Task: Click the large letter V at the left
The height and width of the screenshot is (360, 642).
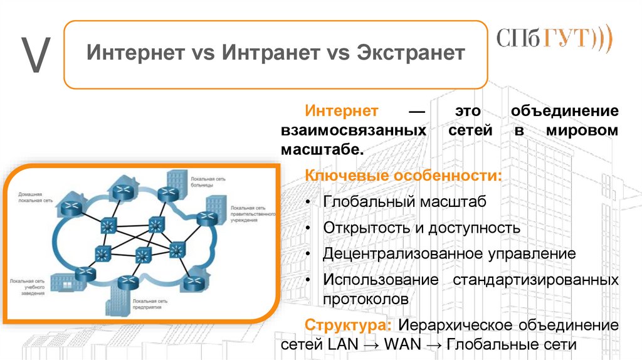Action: [x=34, y=55]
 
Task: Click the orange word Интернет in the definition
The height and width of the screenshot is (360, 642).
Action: [x=342, y=112]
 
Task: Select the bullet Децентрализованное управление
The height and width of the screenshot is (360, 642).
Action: [x=449, y=253]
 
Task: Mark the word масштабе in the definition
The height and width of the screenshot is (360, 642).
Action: [x=322, y=151]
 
